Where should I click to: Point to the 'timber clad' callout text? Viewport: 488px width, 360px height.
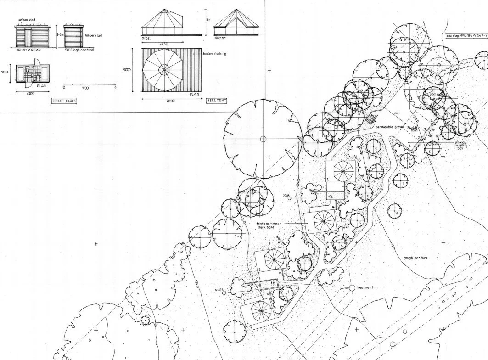[94, 35]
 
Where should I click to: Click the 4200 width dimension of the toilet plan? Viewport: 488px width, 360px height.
[30, 93]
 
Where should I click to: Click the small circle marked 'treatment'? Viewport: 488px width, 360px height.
[352, 288]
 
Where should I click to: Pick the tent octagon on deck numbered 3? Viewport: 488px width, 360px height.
[273, 260]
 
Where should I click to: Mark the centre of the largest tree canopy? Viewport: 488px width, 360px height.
[263, 139]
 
